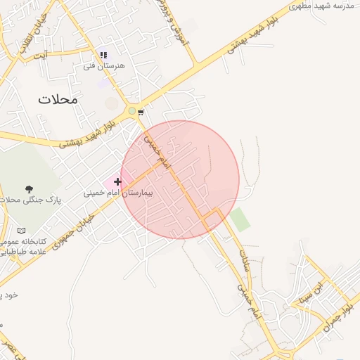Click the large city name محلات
58,99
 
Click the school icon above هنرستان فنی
103,54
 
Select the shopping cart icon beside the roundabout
141,112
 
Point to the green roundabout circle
131,110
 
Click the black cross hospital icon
117,182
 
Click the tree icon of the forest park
29,189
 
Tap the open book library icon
22,231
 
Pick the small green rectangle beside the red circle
240,219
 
